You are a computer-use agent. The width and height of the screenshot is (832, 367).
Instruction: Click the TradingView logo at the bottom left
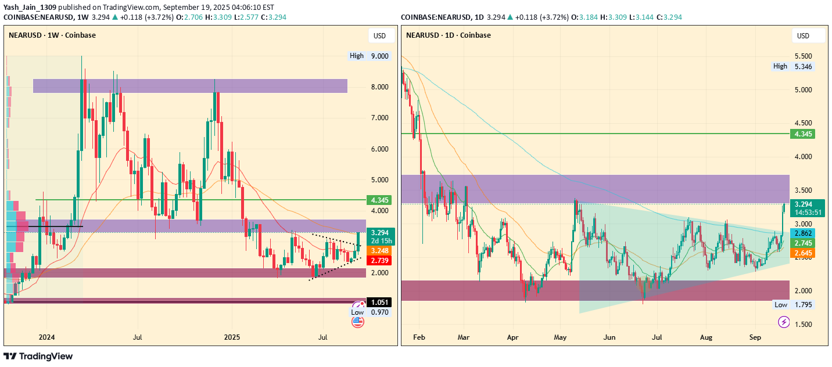[x=38, y=356]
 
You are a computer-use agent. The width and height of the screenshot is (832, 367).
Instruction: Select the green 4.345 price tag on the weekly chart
[x=379, y=200]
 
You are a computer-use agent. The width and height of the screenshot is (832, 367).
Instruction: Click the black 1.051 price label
[x=379, y=303]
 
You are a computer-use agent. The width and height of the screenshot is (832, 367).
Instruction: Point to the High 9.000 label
[x=370, y=56]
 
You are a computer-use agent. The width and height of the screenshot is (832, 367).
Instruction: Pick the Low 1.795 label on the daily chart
[x=794, y=305]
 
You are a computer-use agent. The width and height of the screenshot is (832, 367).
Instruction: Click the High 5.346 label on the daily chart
[x=794, y=67]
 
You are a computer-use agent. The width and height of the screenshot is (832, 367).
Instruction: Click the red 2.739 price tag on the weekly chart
[x=379, y=261]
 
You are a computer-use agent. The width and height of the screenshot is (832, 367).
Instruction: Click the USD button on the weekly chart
[x=379, y=36]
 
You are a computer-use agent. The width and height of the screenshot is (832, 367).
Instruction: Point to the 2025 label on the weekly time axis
[x=232, y=337]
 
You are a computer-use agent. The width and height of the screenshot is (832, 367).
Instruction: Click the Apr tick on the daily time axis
[x=512, y=337]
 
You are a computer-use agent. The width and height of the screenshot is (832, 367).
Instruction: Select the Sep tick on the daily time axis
[x=755, y=337]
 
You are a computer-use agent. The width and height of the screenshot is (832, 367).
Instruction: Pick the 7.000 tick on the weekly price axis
[x=379, y=118]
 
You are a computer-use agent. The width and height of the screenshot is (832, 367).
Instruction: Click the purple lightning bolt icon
[x=784, y=322]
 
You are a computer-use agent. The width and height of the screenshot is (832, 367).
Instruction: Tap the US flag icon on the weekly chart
[x=357, y=321]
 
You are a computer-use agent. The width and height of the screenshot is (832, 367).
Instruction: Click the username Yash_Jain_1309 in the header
[x=30, y=6]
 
